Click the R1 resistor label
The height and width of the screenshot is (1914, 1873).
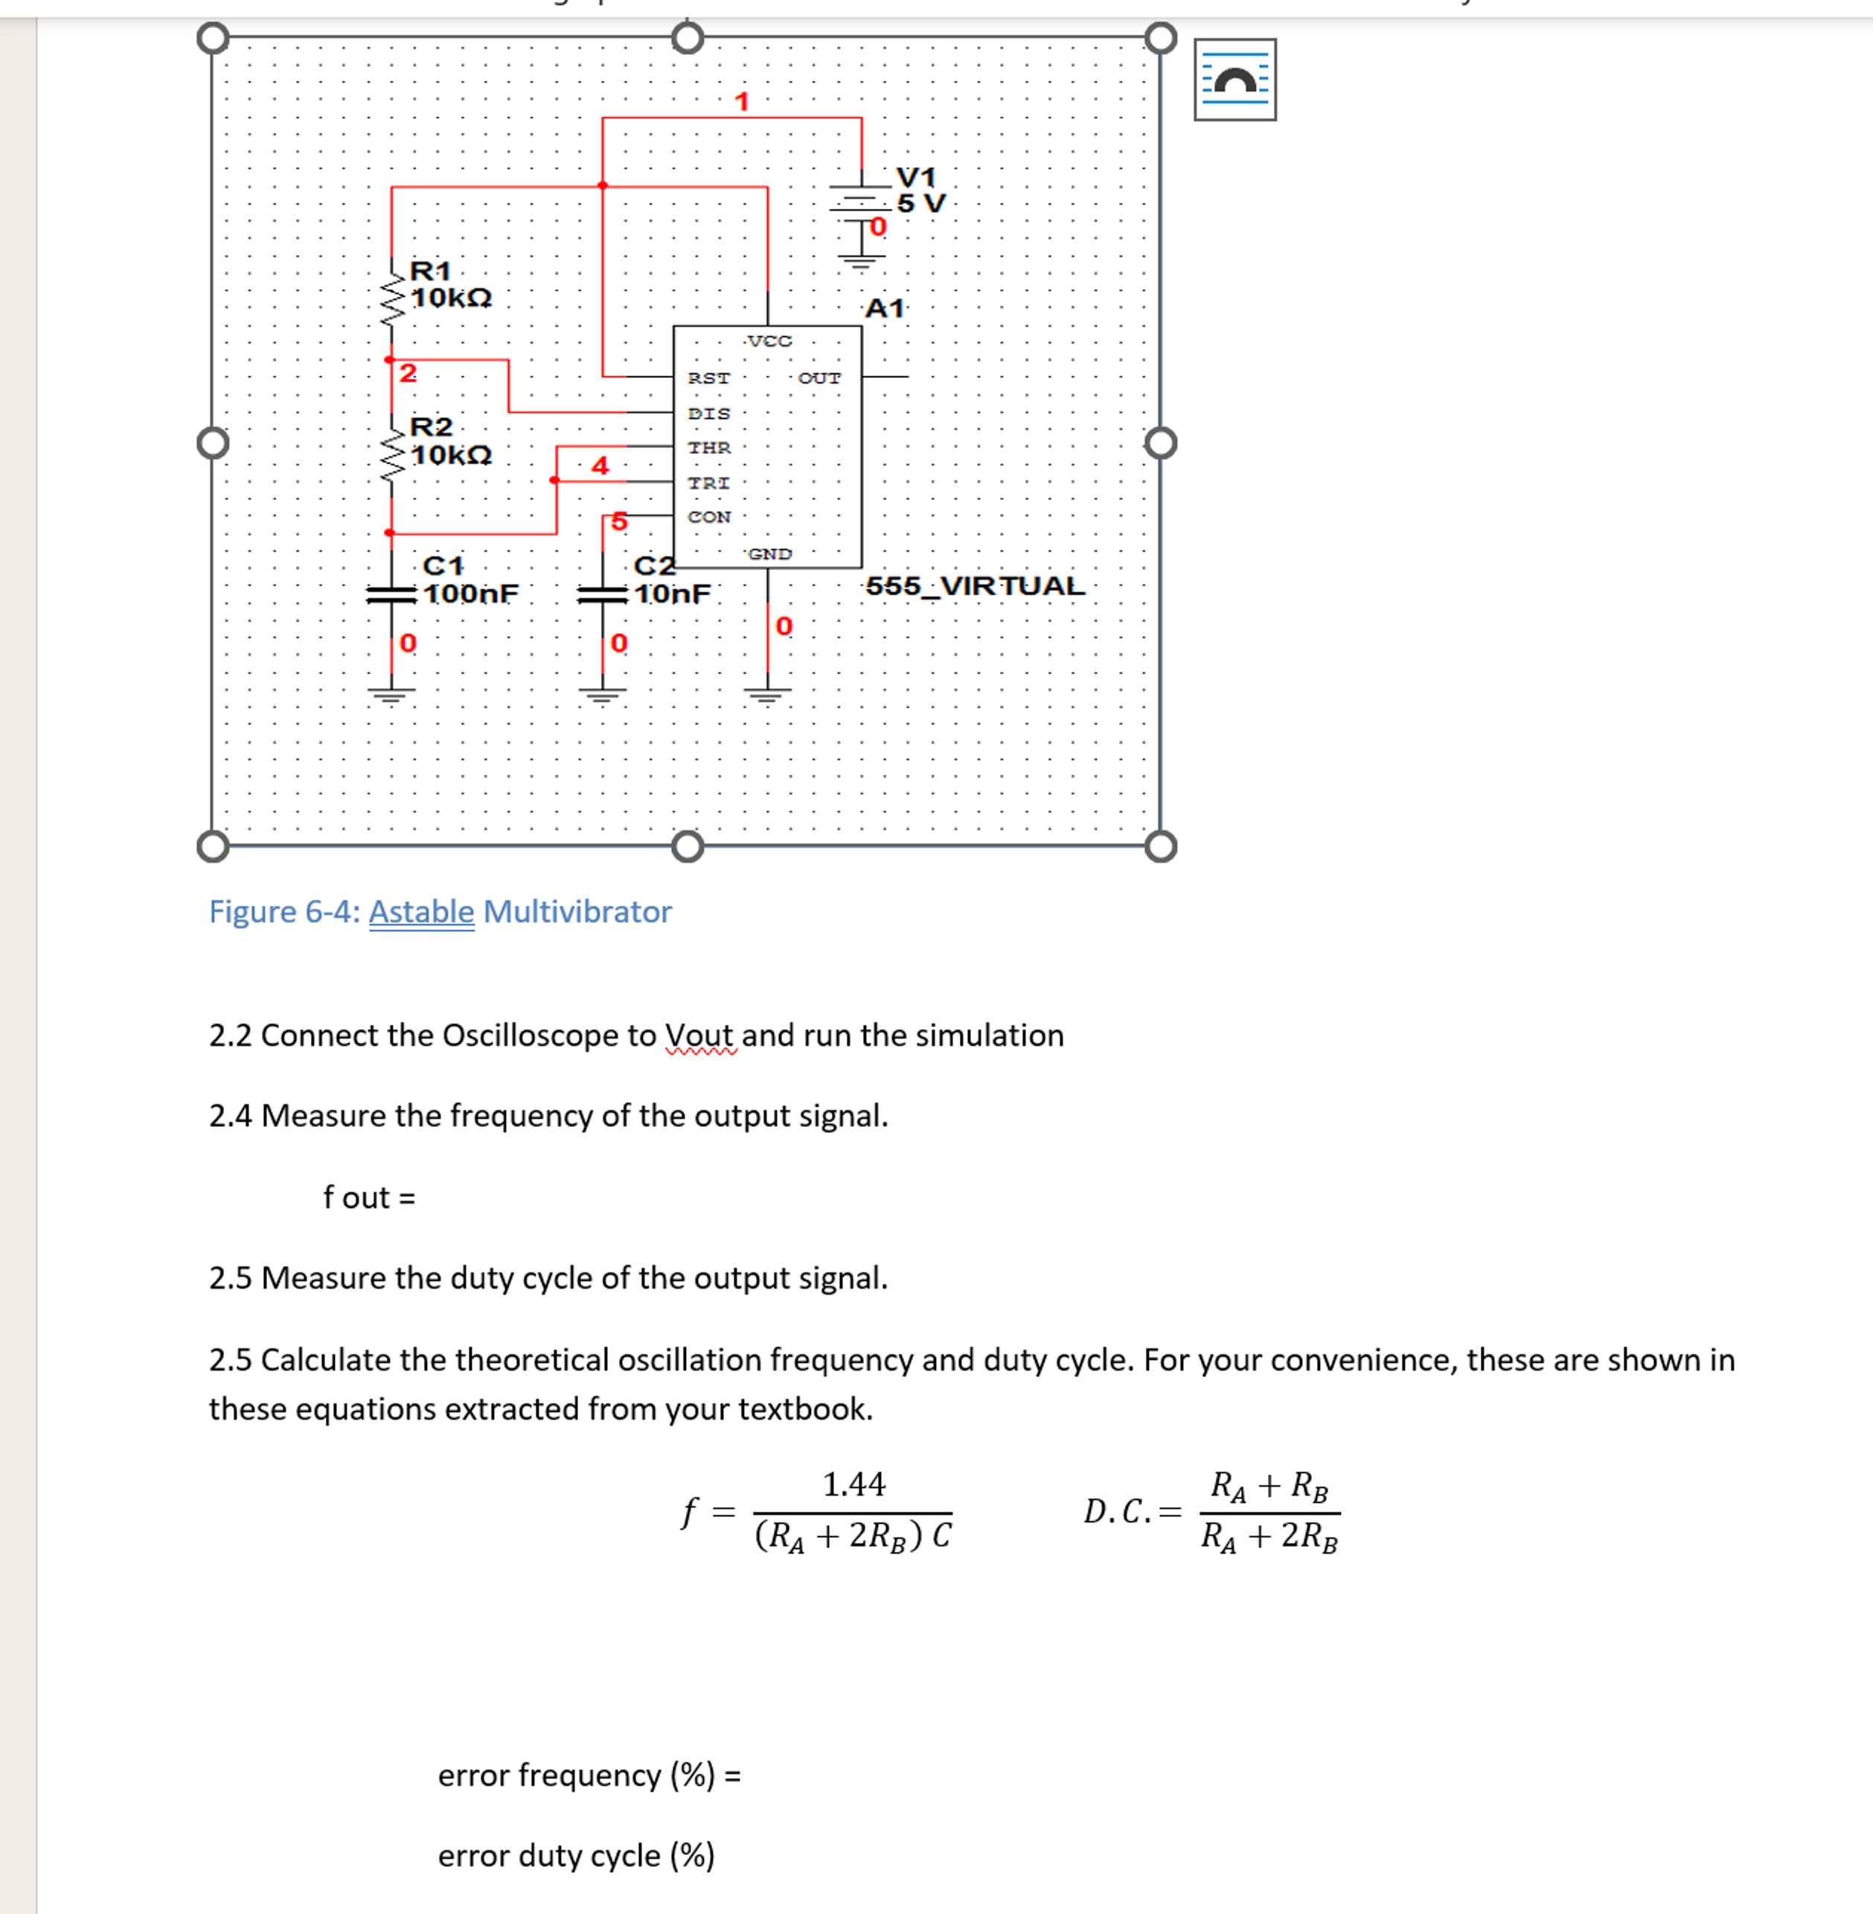coord(430,269)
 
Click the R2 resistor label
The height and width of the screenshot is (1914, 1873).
coord(431,427)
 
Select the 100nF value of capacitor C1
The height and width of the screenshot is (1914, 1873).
coord(470,593)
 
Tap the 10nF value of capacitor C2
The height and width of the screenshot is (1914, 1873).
coord(672,593)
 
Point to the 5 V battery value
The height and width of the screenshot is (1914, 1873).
coord(921,204)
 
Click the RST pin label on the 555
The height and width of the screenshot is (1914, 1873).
coord(708,378)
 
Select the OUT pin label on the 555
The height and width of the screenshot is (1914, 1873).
coord(819,378)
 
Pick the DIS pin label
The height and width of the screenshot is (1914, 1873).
coord(708,413)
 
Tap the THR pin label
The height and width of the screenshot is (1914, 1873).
coord(708,447)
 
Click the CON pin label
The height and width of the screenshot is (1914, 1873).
coord(708,517)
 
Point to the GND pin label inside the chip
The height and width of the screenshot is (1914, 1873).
coord(769,554)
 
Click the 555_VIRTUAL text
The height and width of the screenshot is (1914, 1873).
coord(975,586)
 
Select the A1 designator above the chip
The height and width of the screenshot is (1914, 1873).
coord(884,308)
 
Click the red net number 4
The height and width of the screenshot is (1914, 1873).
coord(599,465)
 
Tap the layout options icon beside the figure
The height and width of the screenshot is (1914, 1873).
coord(1235,80)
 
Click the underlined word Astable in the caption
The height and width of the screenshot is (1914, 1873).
coord(421,911)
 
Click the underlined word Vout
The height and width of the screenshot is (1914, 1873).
coord(699,1036)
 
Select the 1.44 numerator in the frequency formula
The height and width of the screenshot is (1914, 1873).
coord(853,1484)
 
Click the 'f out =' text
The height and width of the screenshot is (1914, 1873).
coord(369,1198)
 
